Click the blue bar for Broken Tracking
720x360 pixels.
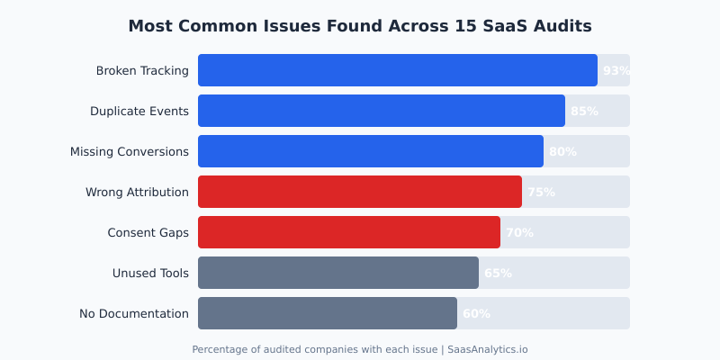click(x=397, y=70)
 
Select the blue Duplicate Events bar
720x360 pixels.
click(x=381, y=111)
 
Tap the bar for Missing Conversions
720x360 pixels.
click(x=370, y=151)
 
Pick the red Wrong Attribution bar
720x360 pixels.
click(x=359, y=192)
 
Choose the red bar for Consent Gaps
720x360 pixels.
click(x=348, y=232)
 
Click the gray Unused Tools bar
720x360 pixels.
click(x=337, y=273)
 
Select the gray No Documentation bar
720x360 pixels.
click(x=327, y=313)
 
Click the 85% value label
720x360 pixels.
click(x=584, y=111)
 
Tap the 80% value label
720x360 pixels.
click(x=562, y=151)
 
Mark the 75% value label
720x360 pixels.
click(x=541, y=192)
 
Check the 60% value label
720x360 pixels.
click(x=476, y=313)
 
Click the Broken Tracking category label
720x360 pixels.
click(x=142, y=70)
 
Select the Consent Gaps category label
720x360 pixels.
click(x=148, y=232)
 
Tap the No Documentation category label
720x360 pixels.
click(x=134, y=313)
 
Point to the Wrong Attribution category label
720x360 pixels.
click(x=137, y=192)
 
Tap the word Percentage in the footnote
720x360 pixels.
click(x=219, y=349)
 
